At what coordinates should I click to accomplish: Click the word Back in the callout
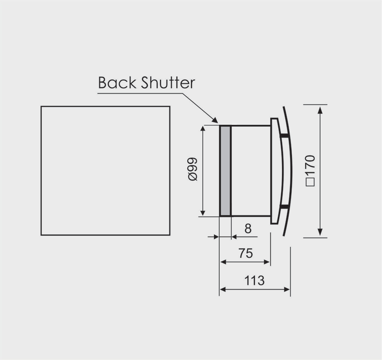(x=117, y=83)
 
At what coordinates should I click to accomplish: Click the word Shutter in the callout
(x=168, y=83)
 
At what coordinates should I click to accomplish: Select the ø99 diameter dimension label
(x=193, y=169)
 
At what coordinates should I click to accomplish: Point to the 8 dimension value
(x=248, y=229)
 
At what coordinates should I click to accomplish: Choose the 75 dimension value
(x=245, y=253)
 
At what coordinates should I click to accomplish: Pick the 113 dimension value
(x=254, y=280)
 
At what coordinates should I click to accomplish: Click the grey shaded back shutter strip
(x=225, y=171)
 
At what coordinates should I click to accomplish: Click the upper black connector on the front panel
(x=284, y=136)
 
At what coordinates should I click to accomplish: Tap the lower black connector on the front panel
(x=284, y=207)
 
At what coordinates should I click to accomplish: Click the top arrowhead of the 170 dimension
(x=321, y=110)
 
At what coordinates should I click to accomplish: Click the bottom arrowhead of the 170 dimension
(x=321, y=232)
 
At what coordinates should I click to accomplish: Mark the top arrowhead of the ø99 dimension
(x=203, y=129)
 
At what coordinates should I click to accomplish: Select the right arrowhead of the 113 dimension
(x=287, y=290)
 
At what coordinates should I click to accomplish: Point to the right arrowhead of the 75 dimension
(x=267, y=262)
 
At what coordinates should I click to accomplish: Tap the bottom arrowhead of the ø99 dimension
(x=203, y=213)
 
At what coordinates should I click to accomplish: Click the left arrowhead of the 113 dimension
(x=223, y=290)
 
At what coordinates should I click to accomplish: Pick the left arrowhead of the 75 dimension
(x=223, y=262)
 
